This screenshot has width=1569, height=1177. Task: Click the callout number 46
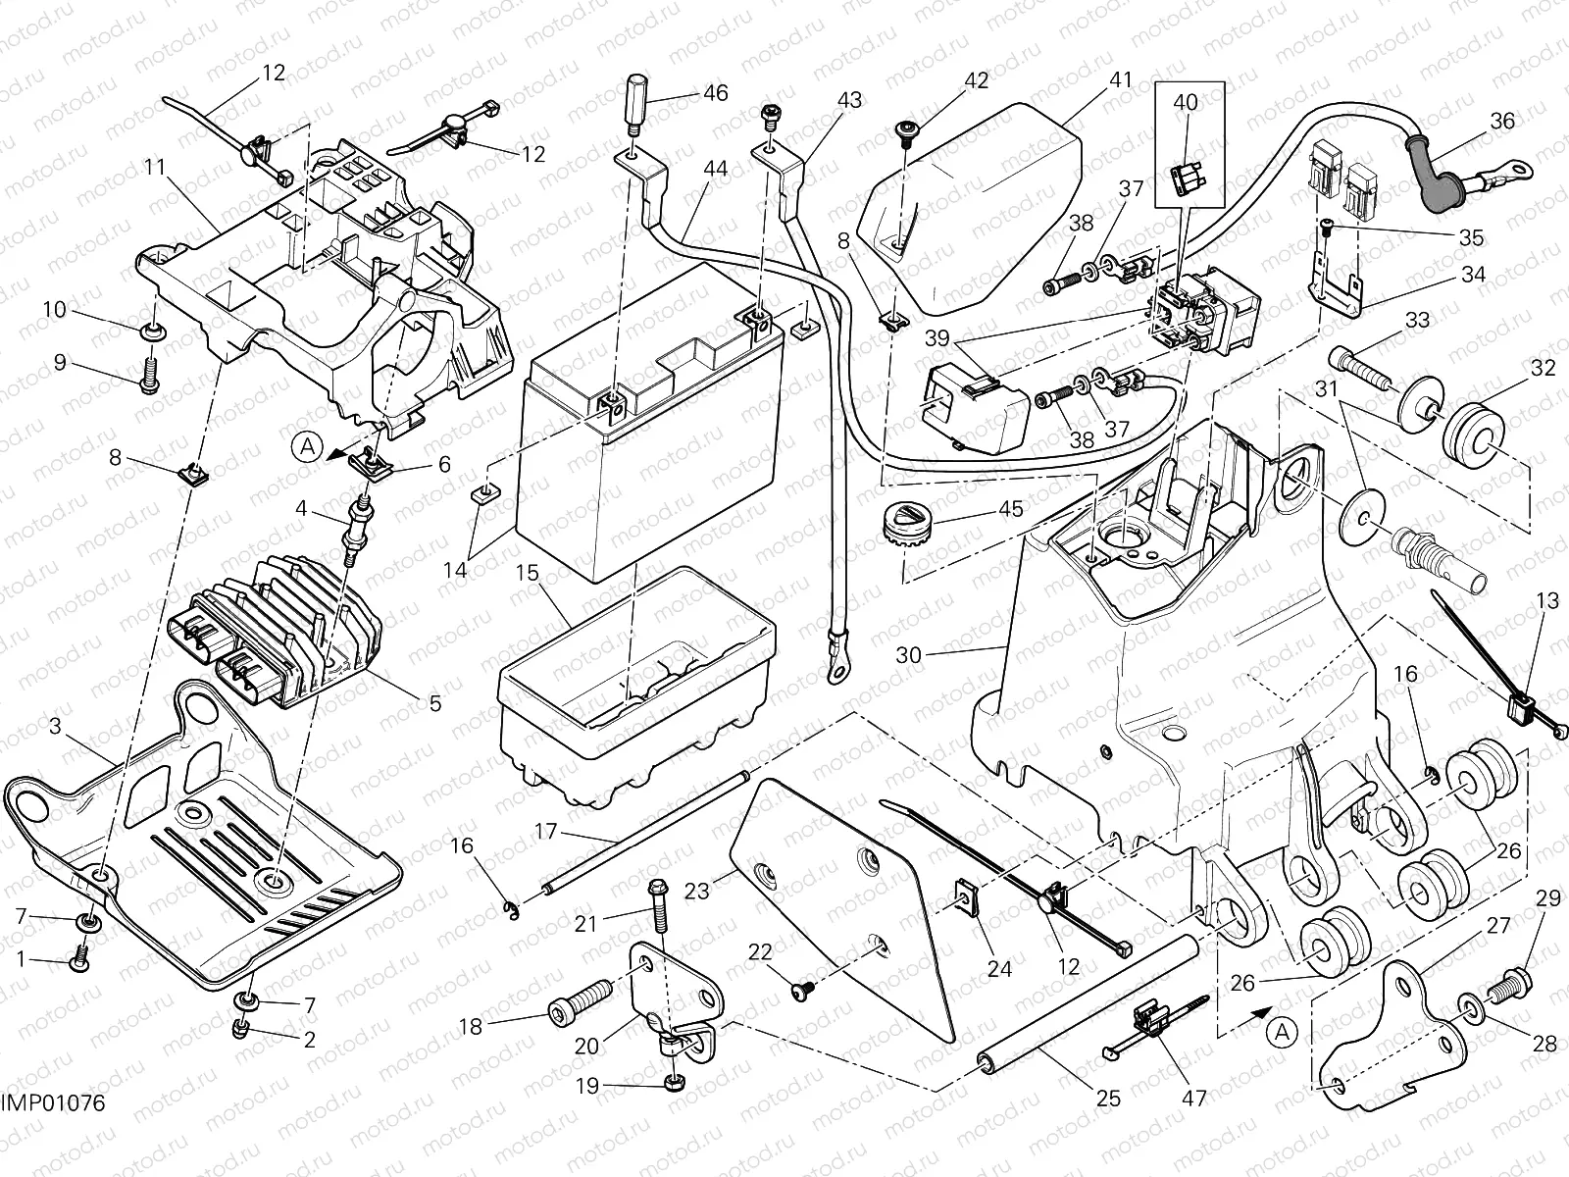click(x=715, y=94)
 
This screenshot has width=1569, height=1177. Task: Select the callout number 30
click(x=909, y=654)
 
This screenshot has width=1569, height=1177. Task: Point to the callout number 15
click(x=528, y=572)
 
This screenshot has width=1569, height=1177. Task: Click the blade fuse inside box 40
click(x=1185, y=177)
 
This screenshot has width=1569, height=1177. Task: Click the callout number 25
click(x=1108, y=1099)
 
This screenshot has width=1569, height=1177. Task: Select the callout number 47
click(x=1193, y=1099)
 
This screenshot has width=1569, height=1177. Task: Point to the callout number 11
click(x=155, y=168)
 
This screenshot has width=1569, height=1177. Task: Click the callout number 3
click(x=55, y=726)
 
